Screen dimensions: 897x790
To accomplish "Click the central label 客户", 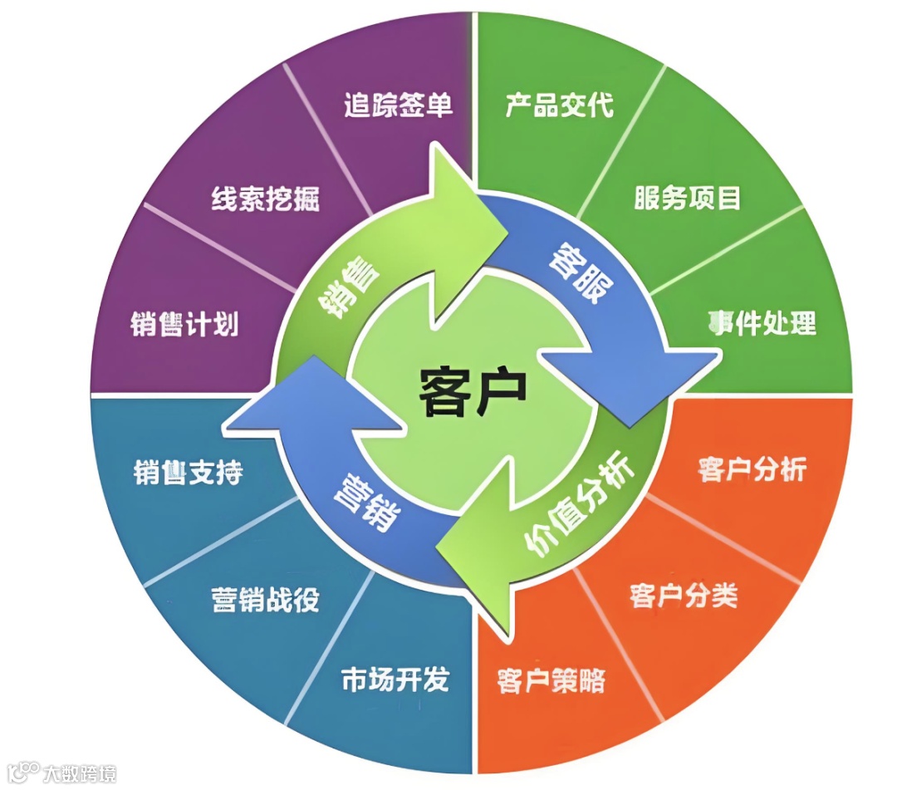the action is pos(472,391).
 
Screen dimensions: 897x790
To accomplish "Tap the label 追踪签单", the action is pos(398,105).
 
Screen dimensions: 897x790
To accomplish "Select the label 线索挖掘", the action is pos(265,199).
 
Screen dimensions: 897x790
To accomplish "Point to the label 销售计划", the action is pos(184,323).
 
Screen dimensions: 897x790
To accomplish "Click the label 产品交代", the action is pos(560,105).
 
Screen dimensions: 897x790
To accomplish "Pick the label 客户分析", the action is pos(752,469).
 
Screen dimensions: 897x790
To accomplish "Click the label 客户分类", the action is pos(684,596).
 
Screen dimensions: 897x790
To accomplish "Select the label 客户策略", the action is pos(551,681).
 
